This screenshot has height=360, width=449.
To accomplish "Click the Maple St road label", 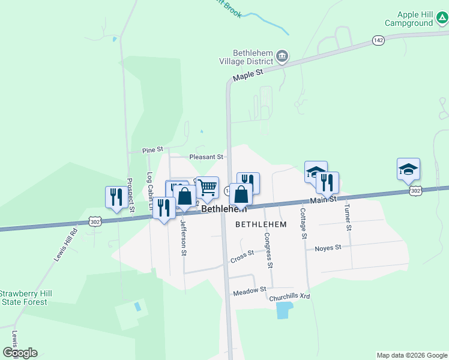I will click(x=248, y=76).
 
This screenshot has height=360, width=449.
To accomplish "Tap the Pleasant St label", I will click(x=206, y=157).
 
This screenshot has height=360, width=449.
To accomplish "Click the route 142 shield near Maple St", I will click(x=378, y=40).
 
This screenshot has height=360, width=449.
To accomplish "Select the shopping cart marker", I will click(x=208, y=187).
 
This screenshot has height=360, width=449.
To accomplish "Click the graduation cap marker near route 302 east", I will click(x=408, y=169).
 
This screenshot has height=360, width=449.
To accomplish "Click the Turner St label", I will click(x=347, y=217).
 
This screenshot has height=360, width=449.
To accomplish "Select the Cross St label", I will click(x=242, y=257).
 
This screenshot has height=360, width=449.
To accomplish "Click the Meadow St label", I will click(x=249, y=290).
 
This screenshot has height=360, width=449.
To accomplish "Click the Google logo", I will click(x=20, y=353).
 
